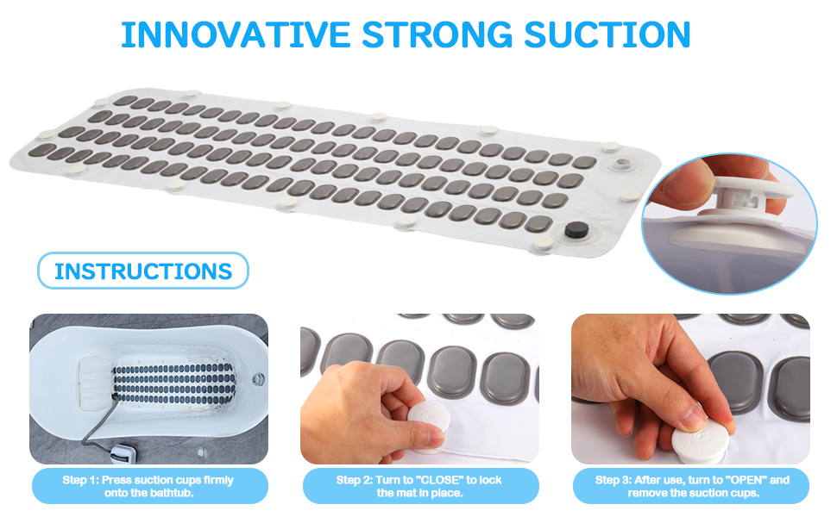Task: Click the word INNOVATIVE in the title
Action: point(236,35)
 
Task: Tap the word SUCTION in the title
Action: point(607,35)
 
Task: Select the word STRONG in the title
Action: point(437,35)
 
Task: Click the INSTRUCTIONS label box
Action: point(143,271)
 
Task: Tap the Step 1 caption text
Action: point(148,486)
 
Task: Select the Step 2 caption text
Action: point(419,486)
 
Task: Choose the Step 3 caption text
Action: point(692,486)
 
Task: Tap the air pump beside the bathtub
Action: point(121,454)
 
